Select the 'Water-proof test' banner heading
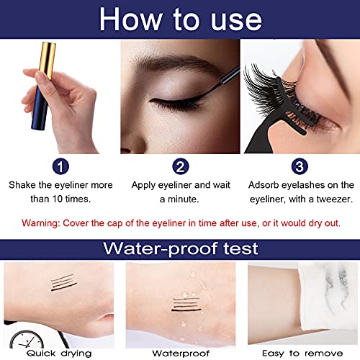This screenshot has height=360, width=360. click(179, 251)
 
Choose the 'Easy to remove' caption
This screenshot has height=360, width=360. click(299, 352)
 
